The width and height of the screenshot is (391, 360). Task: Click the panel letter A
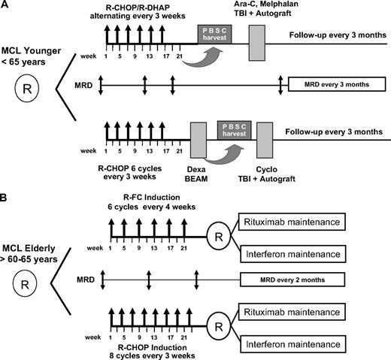6,7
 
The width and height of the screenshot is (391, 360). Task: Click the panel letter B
6,182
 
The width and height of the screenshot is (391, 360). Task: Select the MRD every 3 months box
334,85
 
